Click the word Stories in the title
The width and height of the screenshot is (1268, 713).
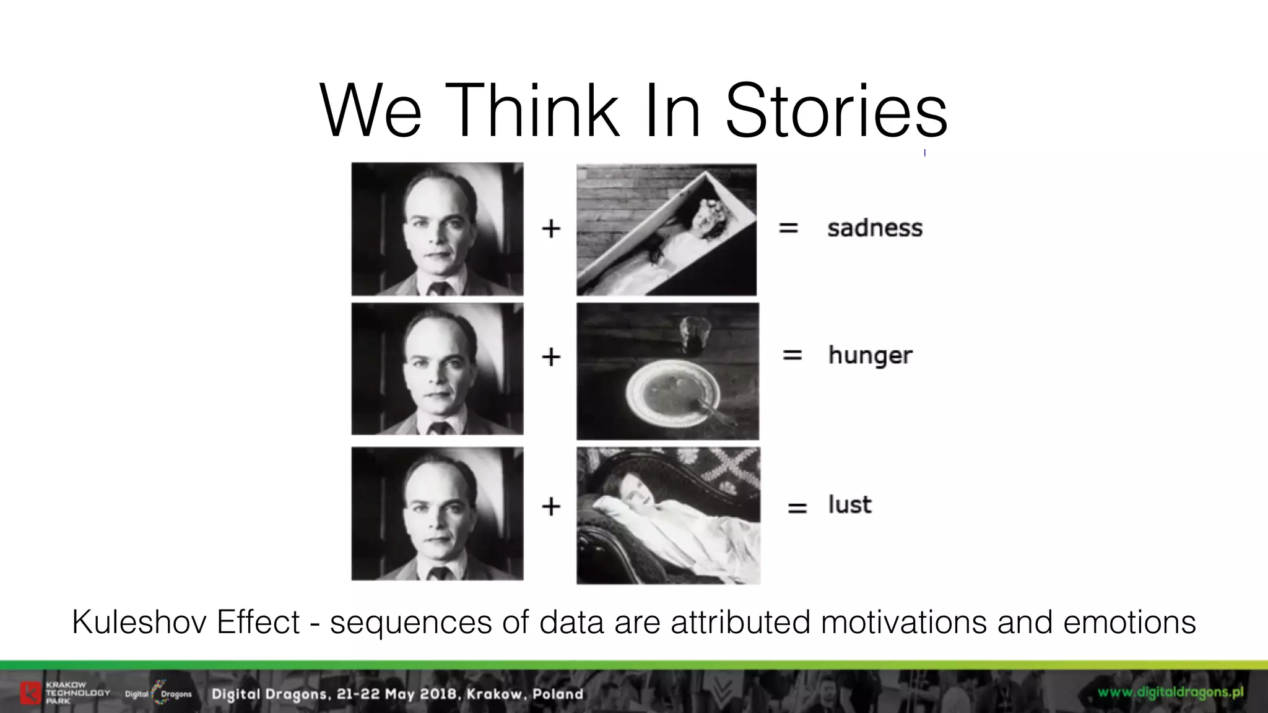click(x=836, y=111)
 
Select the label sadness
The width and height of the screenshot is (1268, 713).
click(x=874, y=228)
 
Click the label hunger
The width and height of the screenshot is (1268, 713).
click(x=870, y=356)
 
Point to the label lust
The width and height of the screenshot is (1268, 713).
click(x=849, y=505)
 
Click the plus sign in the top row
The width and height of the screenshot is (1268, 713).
click(x=551, y=229)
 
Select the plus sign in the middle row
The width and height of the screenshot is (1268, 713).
click(x=551, y=356)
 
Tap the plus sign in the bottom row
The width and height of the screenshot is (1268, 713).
click(x=551, y=506)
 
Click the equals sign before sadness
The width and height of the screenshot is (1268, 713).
click(x=788, y=228)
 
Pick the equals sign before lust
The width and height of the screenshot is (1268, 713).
click(x=797, y=508)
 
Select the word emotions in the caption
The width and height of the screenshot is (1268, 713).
click(x=1129, y=622)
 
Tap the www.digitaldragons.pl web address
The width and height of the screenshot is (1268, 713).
click(x=1170, y=692)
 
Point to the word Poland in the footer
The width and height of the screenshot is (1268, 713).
click(x=558, y=694)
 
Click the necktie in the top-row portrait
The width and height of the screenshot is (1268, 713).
click(x=438, y=288)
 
